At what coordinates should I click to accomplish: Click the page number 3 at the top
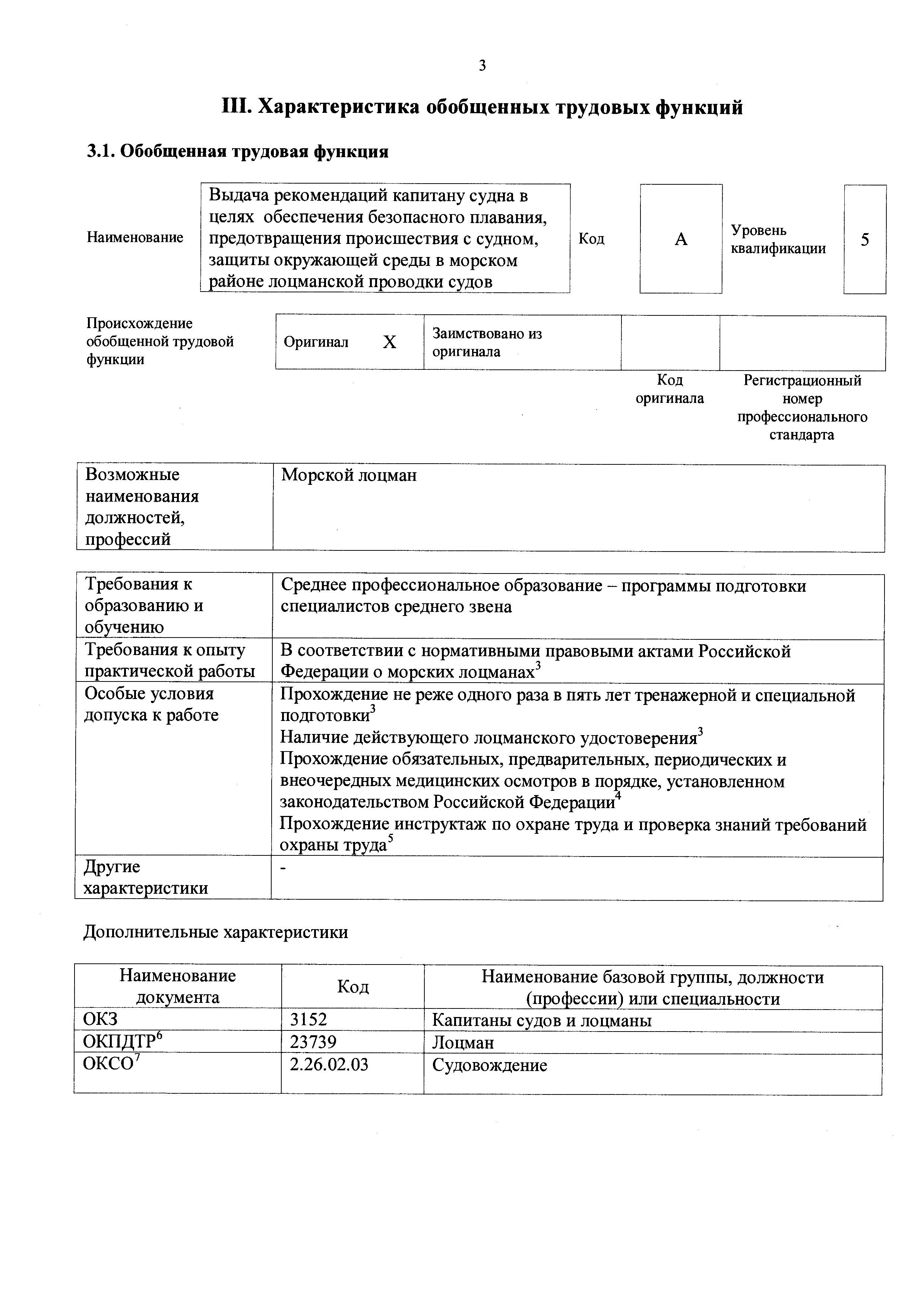pos(482,66)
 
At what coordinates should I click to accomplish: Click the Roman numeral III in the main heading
pos(236,107)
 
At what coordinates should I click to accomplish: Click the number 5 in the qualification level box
pos(864,239)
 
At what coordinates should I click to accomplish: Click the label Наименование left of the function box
pos(135,237)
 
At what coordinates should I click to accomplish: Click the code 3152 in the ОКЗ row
pos(308,1020)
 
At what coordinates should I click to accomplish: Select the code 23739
pos(313,1042)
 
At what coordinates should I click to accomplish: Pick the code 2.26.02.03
pos(329,1064)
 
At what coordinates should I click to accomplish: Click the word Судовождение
pos(489,1065)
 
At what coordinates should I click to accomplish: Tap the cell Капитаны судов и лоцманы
pos(542,1020)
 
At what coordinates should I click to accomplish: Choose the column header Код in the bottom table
pos(353,987)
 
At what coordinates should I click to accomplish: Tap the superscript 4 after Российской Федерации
pos(619,796)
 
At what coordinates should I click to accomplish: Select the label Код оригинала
pos(670,389)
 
